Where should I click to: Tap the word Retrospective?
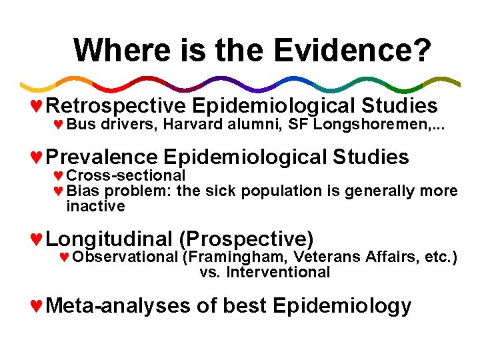(x=116, y=106)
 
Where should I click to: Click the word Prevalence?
(x=103, y=157)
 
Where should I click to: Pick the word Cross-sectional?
(x=126, y=176)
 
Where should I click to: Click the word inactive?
(x=95, y=207)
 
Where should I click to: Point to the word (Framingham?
(x=228, y=257)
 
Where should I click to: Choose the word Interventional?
(x=278, y=273)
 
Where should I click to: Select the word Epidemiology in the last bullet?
(x=342, y=306)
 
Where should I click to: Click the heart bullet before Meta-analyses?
(x=37, y=306)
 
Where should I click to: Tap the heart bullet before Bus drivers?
(x=58, y=125)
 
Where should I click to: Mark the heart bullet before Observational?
(x=64, y=257)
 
